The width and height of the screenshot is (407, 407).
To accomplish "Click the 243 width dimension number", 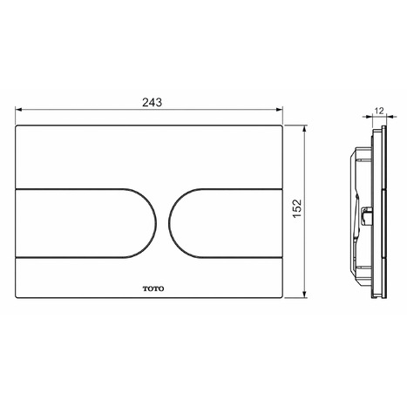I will coord(152,102).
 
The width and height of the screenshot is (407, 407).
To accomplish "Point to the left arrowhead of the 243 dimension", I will coord(19,111).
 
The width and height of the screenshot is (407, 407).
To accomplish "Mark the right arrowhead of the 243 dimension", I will coord(284,111).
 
